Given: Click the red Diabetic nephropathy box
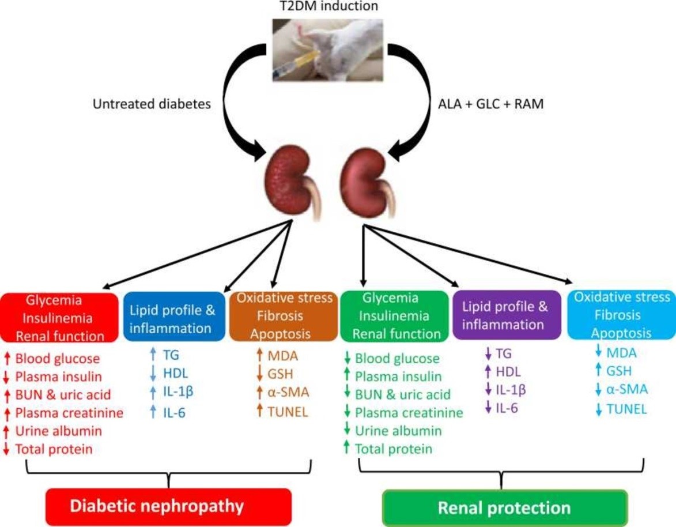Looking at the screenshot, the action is [169, 506].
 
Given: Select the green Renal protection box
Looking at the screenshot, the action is [504, 508].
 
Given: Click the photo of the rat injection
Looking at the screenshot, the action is [328, 50].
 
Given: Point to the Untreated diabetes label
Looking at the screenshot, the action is [152, 104].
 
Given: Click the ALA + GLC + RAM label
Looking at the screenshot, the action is [490, 104].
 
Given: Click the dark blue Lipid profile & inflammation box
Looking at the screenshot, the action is [174, 317].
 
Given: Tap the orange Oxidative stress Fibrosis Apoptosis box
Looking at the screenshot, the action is [283, 316].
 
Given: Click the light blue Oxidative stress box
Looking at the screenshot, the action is [621, 315].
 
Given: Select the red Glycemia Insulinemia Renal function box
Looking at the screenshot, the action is [59, 318].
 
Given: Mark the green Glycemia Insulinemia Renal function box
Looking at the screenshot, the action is [394, 316].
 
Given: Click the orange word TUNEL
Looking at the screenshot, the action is [288, 412].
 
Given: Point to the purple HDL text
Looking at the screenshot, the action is [508, 371].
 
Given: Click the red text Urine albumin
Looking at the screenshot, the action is [59, 431].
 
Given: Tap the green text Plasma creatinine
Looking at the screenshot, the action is [409, 413].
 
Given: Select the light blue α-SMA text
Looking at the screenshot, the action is [627, 389].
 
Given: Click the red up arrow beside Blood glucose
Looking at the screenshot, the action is [6, 359].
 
